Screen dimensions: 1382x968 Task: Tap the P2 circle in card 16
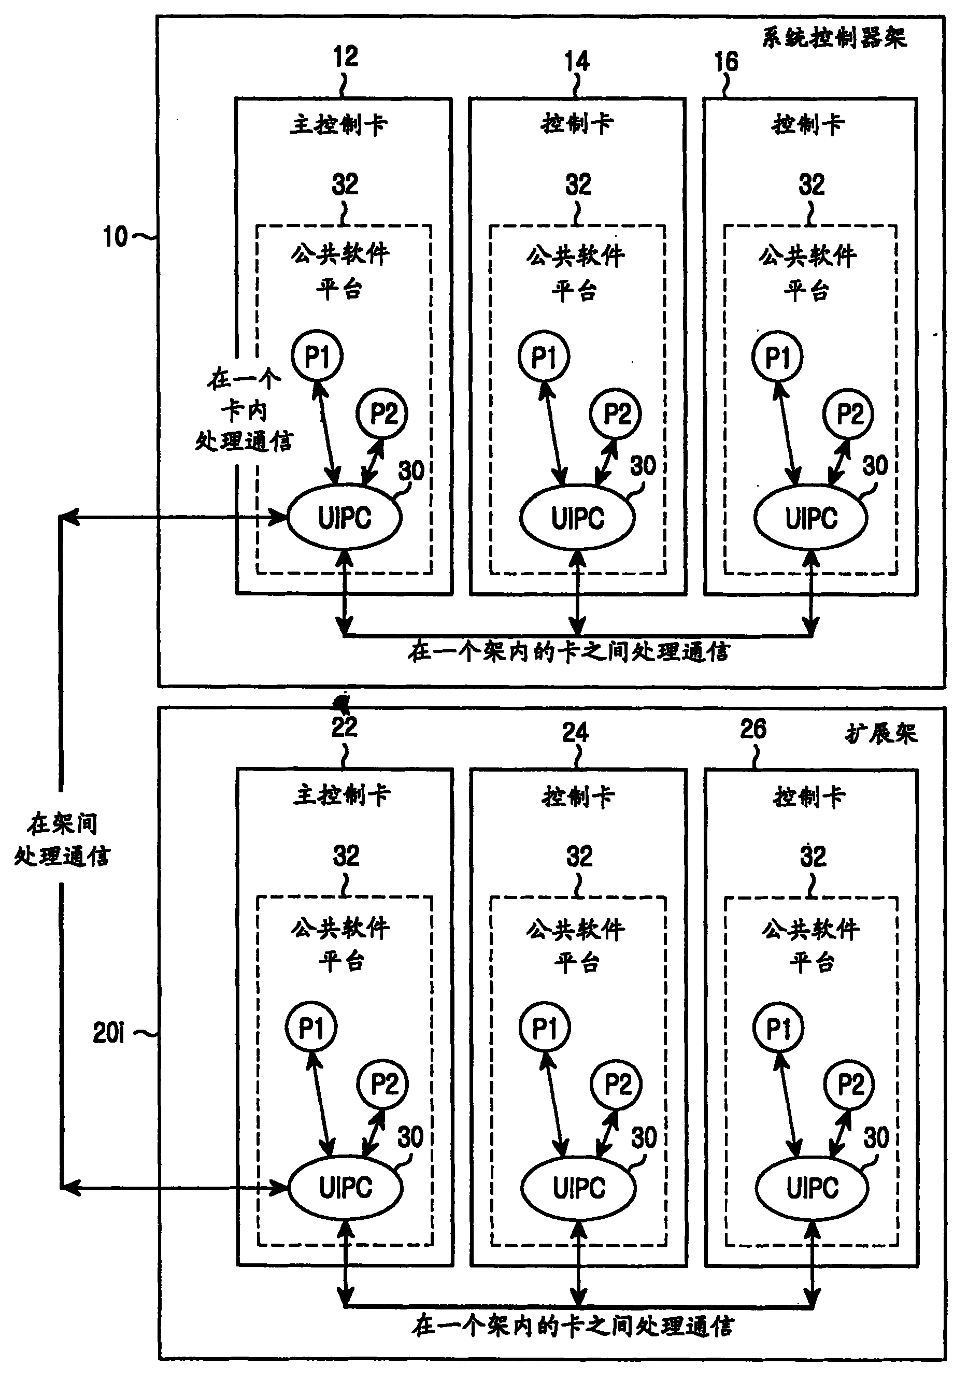tap(849, 414)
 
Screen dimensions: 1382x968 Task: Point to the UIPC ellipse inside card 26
tap(812, 1188)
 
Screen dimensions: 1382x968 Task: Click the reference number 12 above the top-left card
tap(346, 57)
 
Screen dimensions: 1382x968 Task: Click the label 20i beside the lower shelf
tap(109, 1033)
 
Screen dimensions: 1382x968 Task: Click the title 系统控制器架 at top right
tap(834, 38)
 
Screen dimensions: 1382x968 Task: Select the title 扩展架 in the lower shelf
tap(881, 734)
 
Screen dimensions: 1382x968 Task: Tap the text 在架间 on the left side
tap(62, 824)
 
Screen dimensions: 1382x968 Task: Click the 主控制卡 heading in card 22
tap(342, 795)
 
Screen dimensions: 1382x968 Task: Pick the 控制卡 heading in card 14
tap(577, 123)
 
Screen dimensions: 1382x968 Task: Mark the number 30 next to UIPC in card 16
tap(875, 465)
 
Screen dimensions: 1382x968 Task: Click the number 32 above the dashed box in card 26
tap(813, 856)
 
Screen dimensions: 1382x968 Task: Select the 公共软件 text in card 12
tap(340, 253)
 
